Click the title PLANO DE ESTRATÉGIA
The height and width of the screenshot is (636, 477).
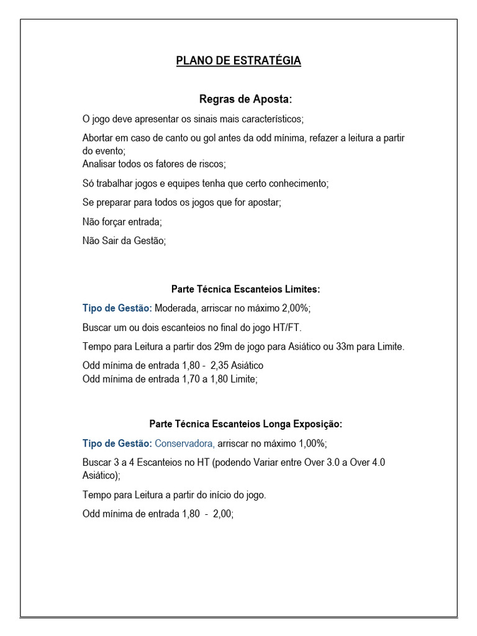point(238,60)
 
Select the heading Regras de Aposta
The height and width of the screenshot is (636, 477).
point(245,99)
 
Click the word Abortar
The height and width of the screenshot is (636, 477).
point(99,138)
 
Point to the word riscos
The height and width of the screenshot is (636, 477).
point(211,164)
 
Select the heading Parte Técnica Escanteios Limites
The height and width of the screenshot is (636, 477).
point(245,289)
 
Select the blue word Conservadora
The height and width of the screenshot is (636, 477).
point(184,443)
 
